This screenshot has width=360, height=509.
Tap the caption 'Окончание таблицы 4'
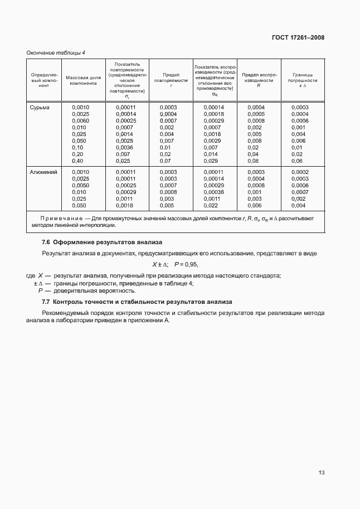pyautogui.click(x=56, y=53)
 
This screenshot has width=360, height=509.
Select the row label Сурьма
pyautogui.click(x=40, y=107)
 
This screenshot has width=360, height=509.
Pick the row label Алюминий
pyautogui.click(x=43, y=172)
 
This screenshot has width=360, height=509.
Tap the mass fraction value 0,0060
pyautogui.click(x=81, y=120)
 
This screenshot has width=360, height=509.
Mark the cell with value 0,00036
pyautogui.click(x=213, y=192)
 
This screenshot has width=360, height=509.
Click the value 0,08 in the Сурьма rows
pyautogui.click(x=254, y=161)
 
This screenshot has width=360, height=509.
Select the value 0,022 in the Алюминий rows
pyautogui.click(x=212, y=206)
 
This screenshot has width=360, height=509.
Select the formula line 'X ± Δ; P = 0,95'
pyautogui.click(x=175, y=264)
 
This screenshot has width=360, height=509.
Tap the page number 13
pyautogui.click(x=321, y=472)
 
